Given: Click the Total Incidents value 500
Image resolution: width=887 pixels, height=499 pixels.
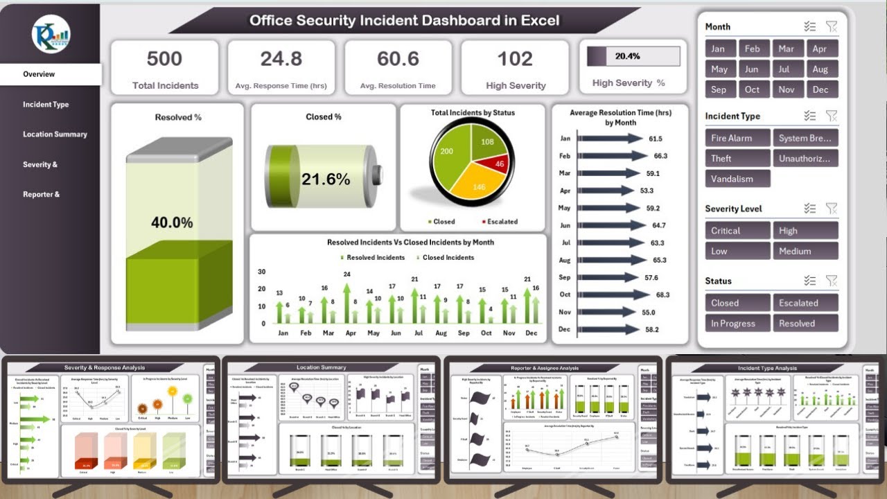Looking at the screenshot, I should point(164,59).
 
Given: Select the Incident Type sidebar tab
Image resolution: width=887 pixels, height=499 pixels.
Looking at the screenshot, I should point(46,105).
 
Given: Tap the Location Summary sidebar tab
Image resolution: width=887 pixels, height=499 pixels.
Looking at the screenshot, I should point(55,134).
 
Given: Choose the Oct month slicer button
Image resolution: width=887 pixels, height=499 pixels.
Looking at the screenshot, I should point(753,89).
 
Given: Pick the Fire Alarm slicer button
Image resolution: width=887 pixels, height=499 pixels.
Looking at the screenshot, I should point(737,138).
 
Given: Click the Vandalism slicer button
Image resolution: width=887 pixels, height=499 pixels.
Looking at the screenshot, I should point(737,178).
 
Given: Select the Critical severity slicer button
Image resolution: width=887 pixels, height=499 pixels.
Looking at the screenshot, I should point(737,231).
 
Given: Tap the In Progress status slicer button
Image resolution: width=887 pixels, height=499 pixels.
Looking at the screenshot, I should point(737,323).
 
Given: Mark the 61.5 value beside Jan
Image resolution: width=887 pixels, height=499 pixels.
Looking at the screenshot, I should point(656,139).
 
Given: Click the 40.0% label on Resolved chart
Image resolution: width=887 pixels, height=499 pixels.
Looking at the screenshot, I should point(172,222).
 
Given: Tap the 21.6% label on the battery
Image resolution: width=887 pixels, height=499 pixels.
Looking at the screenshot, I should point(326,180).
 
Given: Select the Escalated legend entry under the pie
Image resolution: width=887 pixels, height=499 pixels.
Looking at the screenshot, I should point(498,222).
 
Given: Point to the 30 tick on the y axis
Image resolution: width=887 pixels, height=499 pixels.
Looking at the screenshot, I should point(261,272).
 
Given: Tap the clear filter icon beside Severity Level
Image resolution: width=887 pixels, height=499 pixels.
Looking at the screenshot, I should point(832,209).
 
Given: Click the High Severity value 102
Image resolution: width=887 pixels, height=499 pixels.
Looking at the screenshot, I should point(515,59).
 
